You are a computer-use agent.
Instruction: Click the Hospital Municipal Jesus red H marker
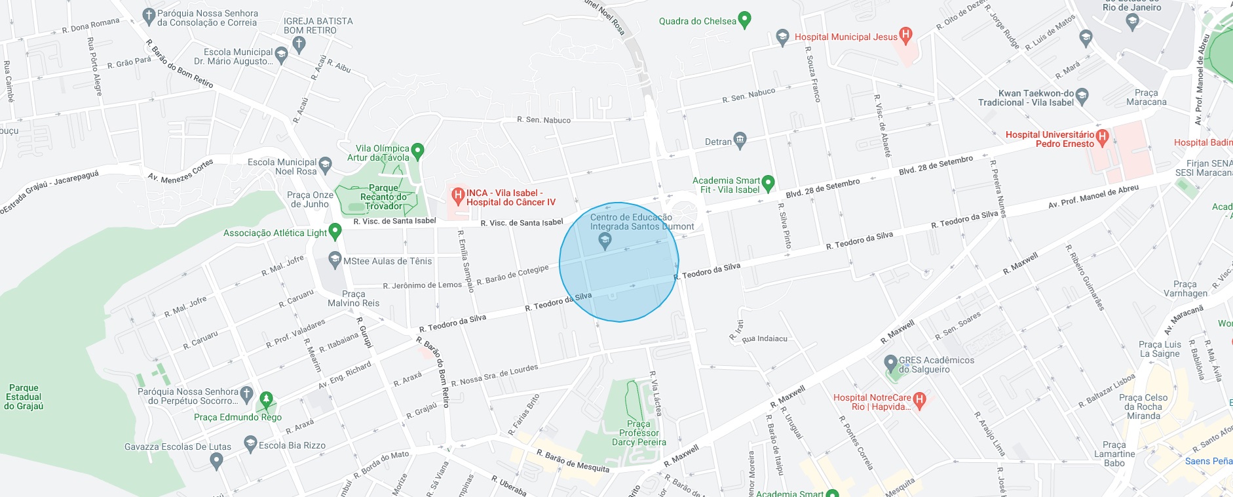[905, 35]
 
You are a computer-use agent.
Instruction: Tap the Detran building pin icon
[740, 140]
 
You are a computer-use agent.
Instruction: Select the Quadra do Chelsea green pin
[744, 20]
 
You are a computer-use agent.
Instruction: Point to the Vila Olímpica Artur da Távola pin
[417, 151]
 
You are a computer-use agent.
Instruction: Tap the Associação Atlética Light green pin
[335, 231]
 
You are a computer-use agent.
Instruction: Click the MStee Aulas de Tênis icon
[335, 260]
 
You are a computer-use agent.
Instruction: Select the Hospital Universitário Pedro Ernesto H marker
[1102, 137]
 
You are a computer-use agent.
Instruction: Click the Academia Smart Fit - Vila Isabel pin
[768, 183]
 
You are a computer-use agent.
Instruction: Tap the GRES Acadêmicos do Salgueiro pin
[890, 363]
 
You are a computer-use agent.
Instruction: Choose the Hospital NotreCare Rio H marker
[919, 400]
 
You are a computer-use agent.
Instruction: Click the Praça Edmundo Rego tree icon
[266, 399]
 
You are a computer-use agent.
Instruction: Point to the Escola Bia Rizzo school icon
[250, 444]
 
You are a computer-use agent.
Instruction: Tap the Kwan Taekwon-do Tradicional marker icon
[1082, 96]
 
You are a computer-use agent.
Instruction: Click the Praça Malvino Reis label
[353, 298]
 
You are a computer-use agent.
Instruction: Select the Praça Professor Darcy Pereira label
[639, 433]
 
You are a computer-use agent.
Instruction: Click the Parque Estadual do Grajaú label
[24, 397]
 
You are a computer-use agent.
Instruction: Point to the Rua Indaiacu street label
[765, 339]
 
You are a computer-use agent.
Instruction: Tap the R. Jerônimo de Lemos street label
[422, 285]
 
